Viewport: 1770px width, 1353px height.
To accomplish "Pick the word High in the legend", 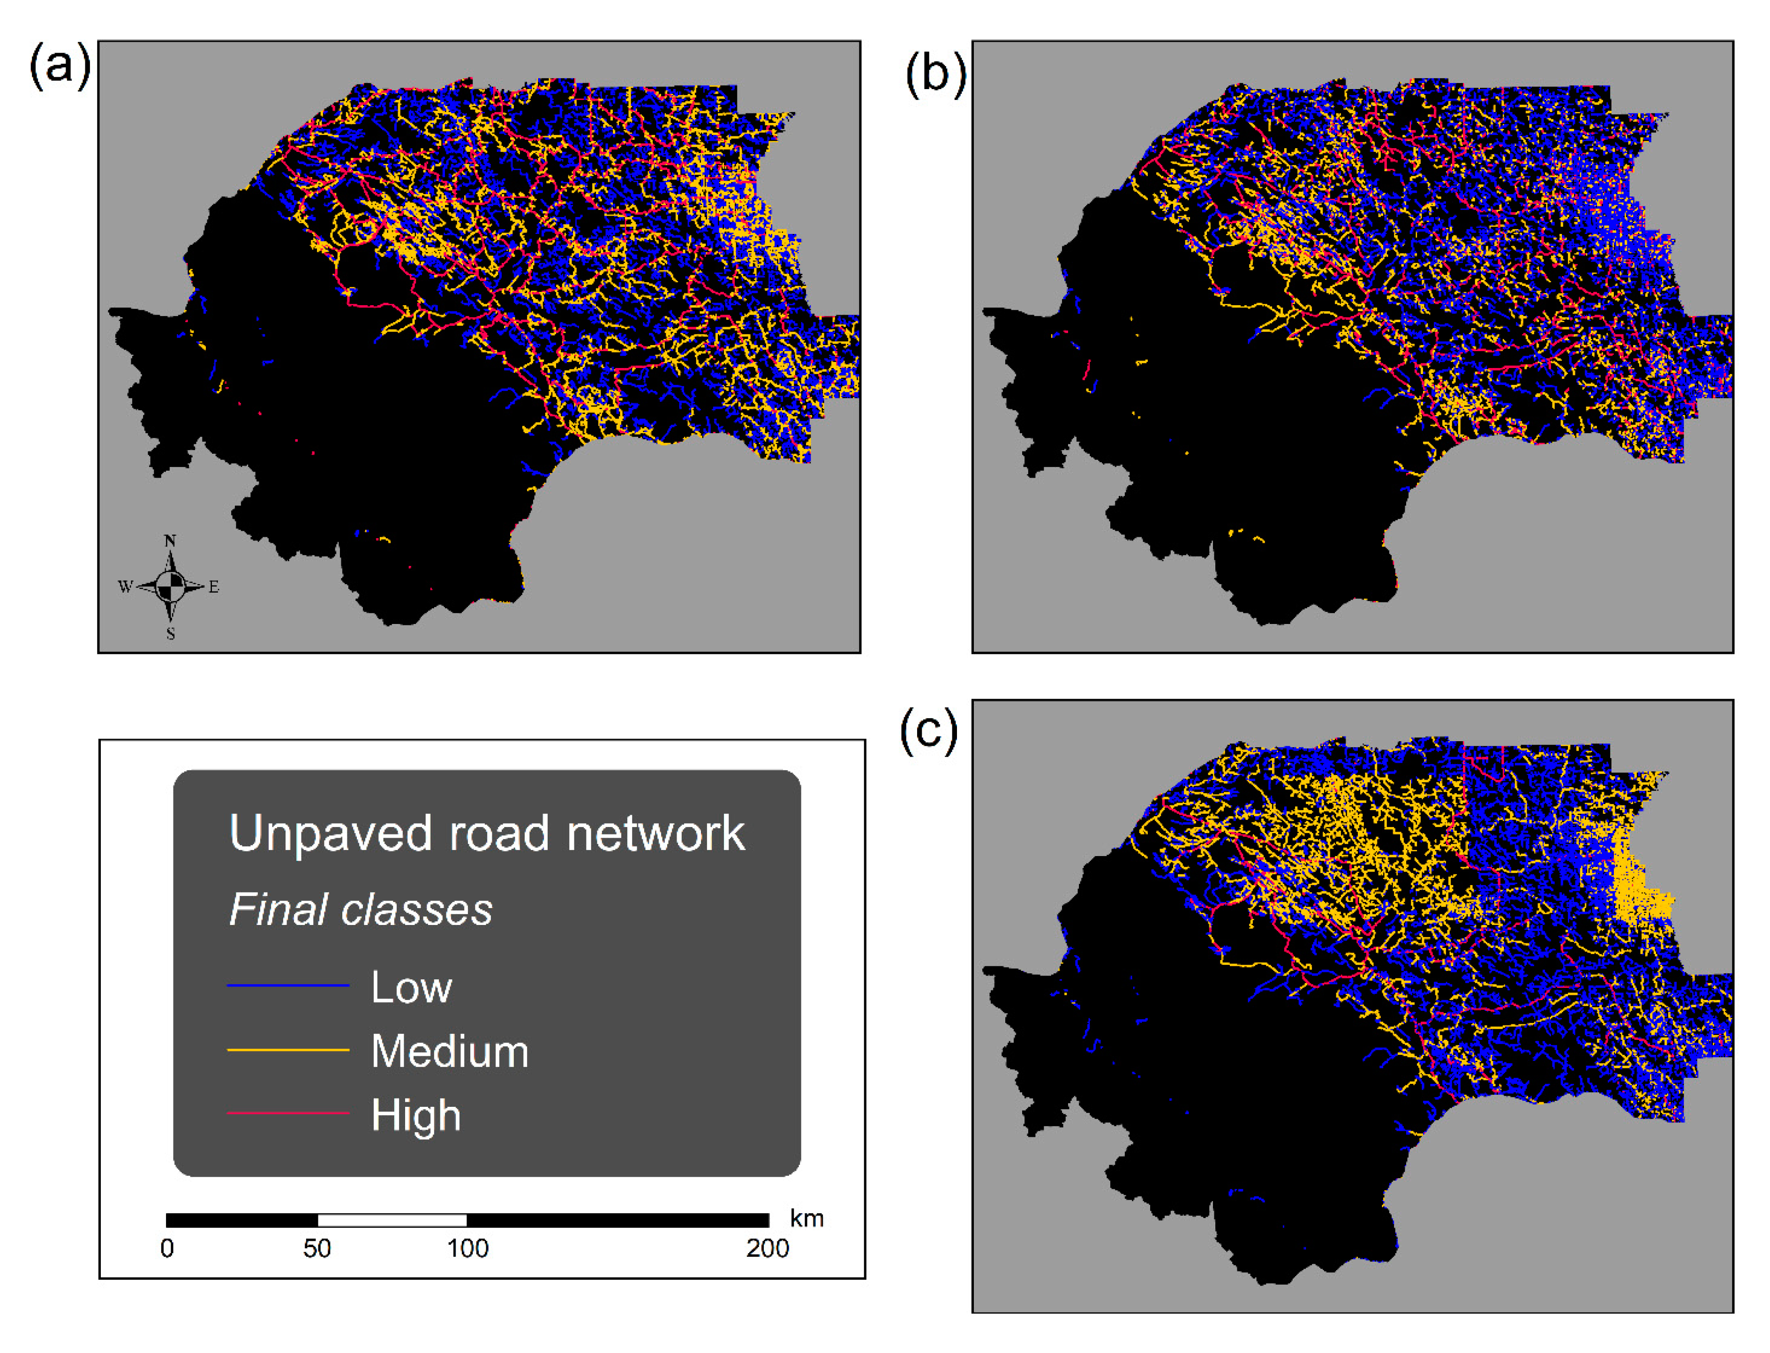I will [x=415, y=1115].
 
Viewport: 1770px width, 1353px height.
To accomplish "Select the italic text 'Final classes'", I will [x=360, y=910].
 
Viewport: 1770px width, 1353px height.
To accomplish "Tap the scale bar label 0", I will [x=167, y=1248].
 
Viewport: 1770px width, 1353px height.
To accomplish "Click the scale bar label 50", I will [x=316, y=1248].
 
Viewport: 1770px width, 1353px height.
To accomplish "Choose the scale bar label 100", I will [x=467, y=1248].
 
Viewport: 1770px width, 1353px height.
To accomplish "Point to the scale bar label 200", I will [x=767, y=1248].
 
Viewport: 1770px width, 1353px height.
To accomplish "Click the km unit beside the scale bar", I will [x=806, y=1218].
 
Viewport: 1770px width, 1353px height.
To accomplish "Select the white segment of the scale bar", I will [x=392, y=1220].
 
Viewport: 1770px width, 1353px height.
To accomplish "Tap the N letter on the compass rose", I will [x=170, y=541].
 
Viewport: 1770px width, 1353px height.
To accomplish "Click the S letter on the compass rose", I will [x=171, y=634].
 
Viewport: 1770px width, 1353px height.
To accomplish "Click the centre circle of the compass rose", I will [x=170, y=586].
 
